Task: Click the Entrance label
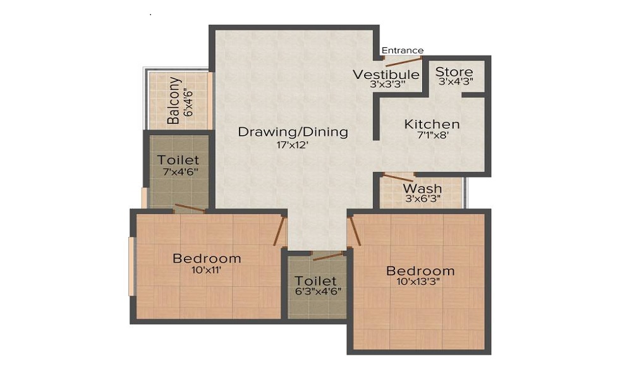click(x=403, y=51)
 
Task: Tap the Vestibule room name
click(x=386, y=75)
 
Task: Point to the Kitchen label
click(x=432, y=124)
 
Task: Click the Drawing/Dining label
click(x=293, y=132)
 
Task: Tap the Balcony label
click(x=174, y=100)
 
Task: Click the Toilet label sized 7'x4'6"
click(x=178, y=160)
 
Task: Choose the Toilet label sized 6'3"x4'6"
click(x=316, y=280)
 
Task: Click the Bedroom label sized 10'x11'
click(x=207, y=258)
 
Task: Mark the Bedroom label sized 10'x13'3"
click(x=420, y=271)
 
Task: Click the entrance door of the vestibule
click(x=403, y=62)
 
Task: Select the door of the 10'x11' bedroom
click(x=278, y=231)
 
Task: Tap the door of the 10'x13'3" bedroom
click(x=355, y=231)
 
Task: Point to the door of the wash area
click(x=398, y=177)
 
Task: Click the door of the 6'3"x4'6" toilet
click(x=327, y=255)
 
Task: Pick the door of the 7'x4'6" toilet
click(x=190, y=208)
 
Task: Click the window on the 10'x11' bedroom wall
click(x=131, y=266)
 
